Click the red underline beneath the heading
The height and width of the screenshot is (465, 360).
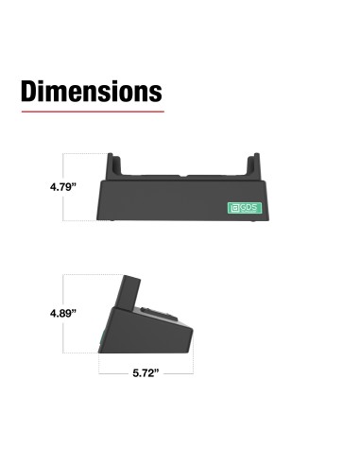[x=91, y=112]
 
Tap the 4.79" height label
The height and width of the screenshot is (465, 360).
[x=63, y=188]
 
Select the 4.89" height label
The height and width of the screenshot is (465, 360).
[x=63, y=312]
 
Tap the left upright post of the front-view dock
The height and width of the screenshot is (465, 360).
[x=114, y=165]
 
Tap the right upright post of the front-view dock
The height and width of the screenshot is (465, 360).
[x=253, y=165]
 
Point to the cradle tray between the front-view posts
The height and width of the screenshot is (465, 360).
[x=184, y=176]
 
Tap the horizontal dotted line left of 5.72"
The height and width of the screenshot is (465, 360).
[x=113, y=373]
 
